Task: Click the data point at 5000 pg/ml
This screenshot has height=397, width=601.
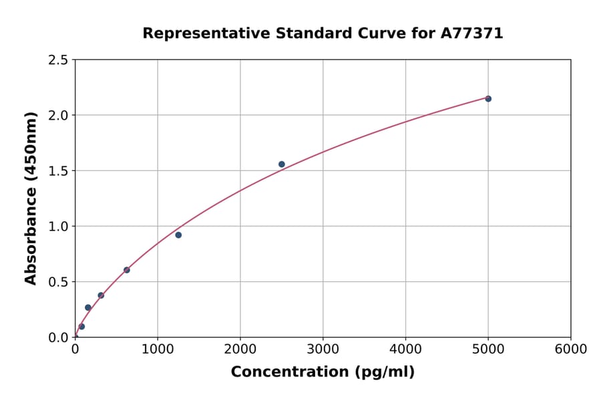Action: (x=488, y=99)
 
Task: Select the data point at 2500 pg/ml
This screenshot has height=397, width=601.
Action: (x=282, y=164)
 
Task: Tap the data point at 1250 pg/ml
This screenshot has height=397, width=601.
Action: (x=178, y=235)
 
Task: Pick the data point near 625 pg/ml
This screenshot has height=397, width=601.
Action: (x=127, y=270)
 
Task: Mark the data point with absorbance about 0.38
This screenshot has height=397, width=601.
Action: (x=101, y=295)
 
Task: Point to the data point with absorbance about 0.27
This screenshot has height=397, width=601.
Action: (x=88, y=307)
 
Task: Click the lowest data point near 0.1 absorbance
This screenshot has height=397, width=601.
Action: (x=81, y=327)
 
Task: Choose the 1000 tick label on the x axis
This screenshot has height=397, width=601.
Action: (x=158, y=350)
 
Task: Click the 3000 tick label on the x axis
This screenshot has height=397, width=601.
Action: (x=323, y=350)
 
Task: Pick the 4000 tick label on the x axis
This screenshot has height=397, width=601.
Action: (x=405, y=350)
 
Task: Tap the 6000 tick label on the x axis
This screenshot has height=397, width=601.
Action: (x=571, y=350)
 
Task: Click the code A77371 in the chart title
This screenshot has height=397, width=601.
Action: (x=472, y=33)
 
